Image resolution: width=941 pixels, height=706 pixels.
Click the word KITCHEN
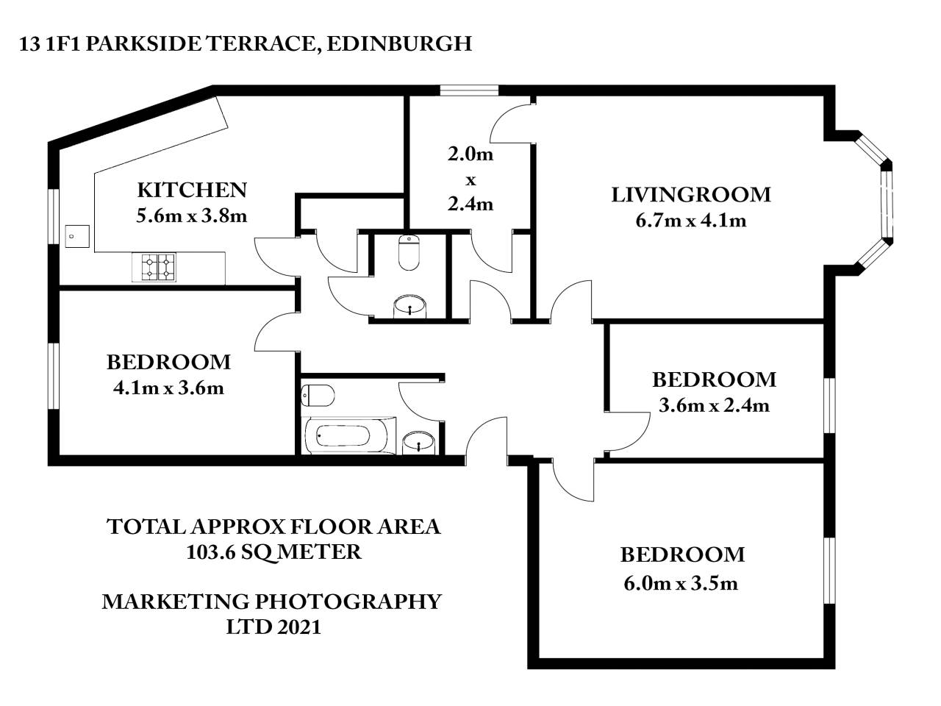pos(192,190)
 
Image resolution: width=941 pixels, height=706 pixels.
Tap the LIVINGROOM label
pos(691,195)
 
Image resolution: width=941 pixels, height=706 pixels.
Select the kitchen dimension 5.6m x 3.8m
pos(191,215)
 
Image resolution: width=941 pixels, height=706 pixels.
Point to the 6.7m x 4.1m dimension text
pos(691,220)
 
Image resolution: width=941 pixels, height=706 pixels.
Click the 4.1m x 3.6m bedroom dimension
pos(168,388)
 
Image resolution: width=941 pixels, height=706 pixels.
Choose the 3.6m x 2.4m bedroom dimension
pos(714,405)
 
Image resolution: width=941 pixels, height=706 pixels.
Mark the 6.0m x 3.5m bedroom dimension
pos(681,583)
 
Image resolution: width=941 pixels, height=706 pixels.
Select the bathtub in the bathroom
pos(344,435)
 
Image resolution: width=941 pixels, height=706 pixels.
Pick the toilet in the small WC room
pos(409,252)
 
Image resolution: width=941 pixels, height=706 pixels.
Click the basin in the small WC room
pos(409,305)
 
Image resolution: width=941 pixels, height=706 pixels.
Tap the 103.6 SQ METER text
pos(274,552)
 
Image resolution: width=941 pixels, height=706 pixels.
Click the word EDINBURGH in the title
pos(398,43)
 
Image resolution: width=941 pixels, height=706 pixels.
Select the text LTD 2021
pos(273,627)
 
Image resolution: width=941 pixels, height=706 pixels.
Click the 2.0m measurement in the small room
pos(470,154)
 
